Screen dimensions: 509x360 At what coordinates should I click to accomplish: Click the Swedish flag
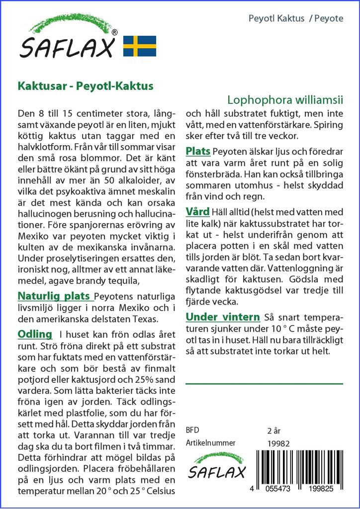point(139,46)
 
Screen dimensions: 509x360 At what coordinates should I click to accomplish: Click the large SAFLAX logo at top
point(69,40)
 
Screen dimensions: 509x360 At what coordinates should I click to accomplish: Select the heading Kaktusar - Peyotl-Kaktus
point(85,85)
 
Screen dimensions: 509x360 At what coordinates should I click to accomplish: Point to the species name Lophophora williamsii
point(285,99)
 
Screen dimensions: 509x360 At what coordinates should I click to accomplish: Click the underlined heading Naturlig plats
point(53,297)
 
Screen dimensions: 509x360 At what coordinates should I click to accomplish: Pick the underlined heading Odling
point(35,334)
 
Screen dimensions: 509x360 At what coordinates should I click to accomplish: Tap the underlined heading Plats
point(198,151)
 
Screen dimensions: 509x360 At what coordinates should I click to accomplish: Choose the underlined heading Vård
point(197,212)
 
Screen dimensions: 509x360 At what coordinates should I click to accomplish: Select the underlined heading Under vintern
point(223,317)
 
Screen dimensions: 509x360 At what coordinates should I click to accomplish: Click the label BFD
point(192,430)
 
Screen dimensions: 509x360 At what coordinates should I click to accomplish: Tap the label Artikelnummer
point(210,443)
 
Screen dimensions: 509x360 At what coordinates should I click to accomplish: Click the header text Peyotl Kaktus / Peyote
point(295,18)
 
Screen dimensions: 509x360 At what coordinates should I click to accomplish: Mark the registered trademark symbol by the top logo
point(115,32)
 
